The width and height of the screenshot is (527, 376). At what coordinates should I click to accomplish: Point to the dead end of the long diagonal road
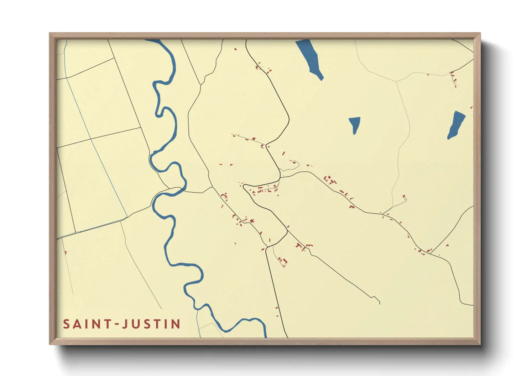[380, 303]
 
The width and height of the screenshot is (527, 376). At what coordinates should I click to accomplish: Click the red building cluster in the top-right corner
[453, 79]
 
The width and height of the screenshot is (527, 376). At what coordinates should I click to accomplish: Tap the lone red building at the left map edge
[66, 252]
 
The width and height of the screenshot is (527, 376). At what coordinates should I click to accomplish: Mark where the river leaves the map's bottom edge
[265, 336]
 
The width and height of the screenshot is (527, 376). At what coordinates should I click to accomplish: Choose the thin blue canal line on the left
[96, 149]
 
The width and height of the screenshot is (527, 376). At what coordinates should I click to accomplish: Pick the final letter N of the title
[176, 324]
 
